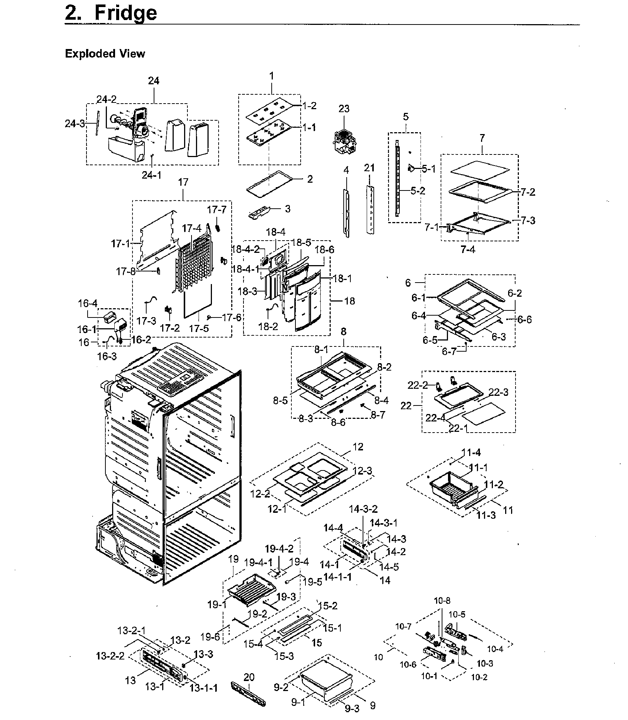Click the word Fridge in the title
pos(125,13)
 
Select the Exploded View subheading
pos(105,54)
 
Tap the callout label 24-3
pos(75,124)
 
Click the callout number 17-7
pos(216,210)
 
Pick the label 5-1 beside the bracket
pos(429,169)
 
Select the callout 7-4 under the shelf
pos(468,250)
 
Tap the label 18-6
pos(325,250)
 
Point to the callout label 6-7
pos(449,351)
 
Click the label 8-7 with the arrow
pos(378,415)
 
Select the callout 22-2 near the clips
pos(418,385)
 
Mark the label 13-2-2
pos(110,656)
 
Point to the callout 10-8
pos(442,601)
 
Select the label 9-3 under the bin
pos(352,709)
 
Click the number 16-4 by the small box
pos(88,303)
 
